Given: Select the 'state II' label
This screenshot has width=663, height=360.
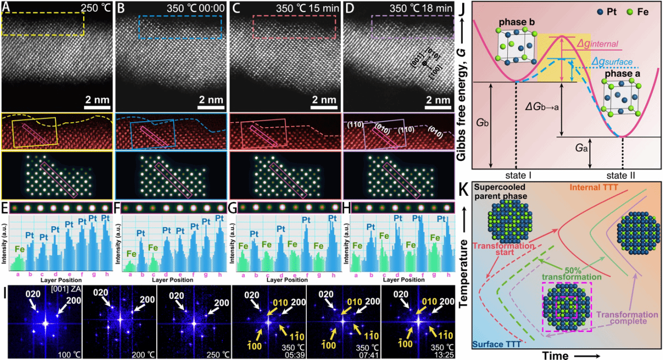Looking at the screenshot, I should click(623, 175).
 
